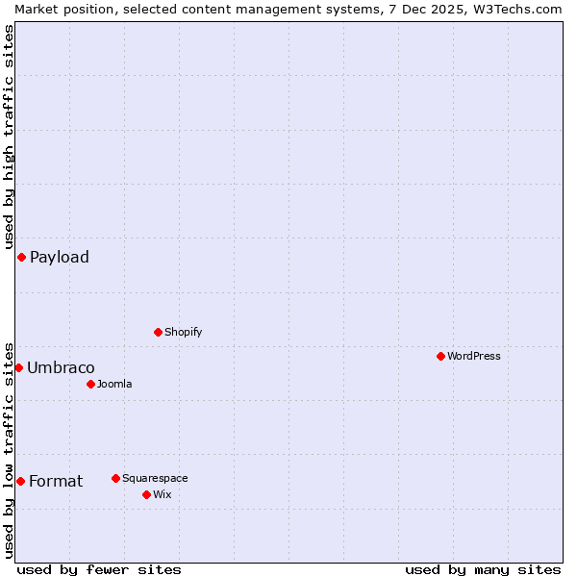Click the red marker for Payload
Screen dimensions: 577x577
[21, 257]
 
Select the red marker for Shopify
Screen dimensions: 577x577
[158, 332]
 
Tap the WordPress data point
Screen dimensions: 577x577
[440, 356]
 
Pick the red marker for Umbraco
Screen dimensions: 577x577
[18, 367]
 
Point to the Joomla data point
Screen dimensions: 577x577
[90, 384]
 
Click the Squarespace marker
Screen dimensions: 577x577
[115, 478]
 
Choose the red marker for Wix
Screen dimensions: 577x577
[146, 494]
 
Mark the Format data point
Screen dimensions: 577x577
[20, 481]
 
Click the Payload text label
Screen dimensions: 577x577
[60, 257]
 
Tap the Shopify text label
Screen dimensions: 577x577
[183, 332]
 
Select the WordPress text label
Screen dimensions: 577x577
[474, 356]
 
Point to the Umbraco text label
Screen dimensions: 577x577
[61, 367]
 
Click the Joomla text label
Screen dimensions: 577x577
[114, 384]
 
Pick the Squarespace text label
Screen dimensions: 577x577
[155, 478]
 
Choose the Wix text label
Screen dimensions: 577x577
[162, 494]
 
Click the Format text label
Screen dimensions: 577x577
[56, 481]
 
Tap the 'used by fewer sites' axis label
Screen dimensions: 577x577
[99, 569]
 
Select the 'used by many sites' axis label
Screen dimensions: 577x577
[483, 569]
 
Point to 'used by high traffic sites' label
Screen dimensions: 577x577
[9, 135]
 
